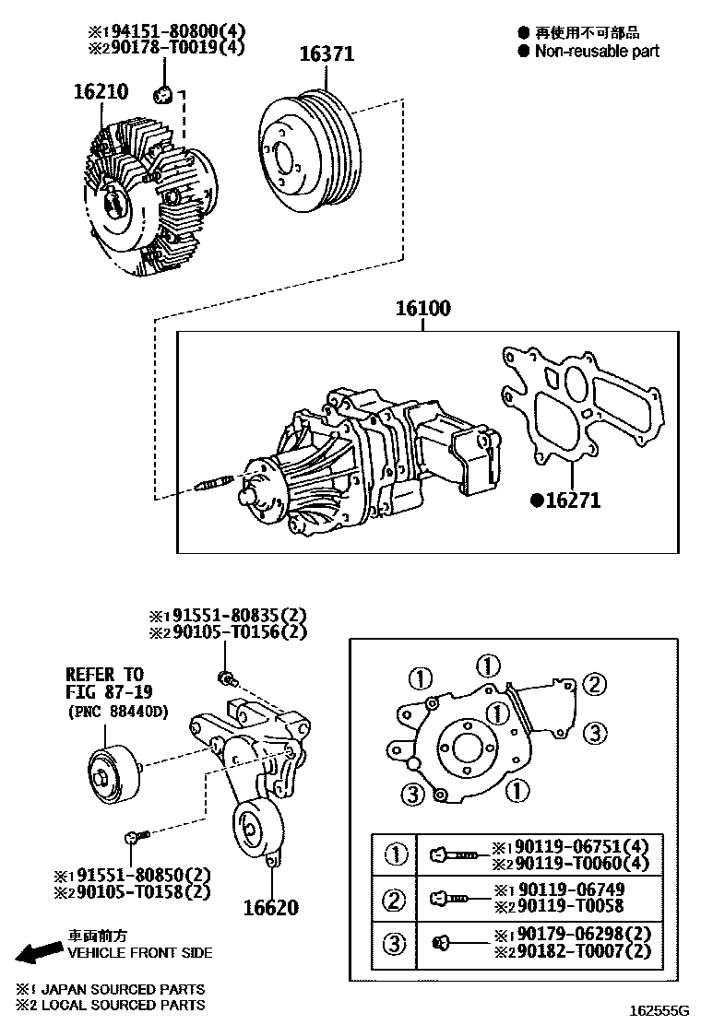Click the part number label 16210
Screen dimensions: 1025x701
click(101, 92)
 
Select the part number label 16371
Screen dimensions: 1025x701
click(326, 55)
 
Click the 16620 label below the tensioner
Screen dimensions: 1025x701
click(270, 908)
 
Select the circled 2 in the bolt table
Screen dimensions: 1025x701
click(395, 899)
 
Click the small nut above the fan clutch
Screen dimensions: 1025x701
click(165, 92)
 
